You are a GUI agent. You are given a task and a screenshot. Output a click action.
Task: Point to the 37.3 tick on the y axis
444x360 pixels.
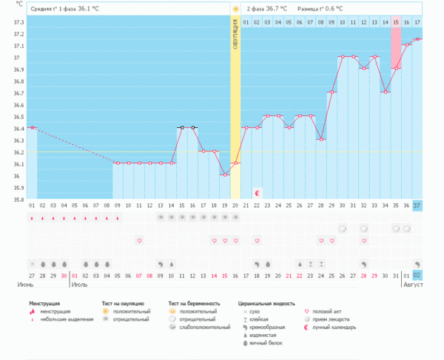pyautogui.click(x=18, y=22)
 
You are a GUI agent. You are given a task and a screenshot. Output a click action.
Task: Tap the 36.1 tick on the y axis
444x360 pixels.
pyautogui.click(x=18, y=163)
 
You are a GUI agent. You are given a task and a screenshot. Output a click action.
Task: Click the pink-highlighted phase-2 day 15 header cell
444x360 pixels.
pyautogui.click(x=396, y=23)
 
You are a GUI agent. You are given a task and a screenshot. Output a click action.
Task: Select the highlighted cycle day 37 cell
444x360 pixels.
pyautogui.click(x=417, y=205)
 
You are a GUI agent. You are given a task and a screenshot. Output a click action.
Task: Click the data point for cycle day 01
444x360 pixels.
pyautogui.click(x=32, y=128)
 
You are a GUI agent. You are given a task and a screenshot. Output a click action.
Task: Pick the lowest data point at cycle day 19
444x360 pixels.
pyautogui.click(x=225, y=174)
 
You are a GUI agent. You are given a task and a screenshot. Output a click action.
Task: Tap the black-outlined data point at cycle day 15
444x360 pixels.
pyautogui.click(x=181, y=127)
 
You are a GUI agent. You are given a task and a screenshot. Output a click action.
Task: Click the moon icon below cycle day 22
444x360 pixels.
pyautogui.click(x=258, y=192)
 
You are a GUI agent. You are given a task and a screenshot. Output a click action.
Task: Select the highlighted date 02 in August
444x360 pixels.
pyautogui.click(x=417, y=275)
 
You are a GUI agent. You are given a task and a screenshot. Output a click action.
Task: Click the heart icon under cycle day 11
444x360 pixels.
pyautogui.click(x=139, y=240)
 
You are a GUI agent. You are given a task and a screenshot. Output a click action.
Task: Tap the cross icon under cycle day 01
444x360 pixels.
pyautogui.click(x=32, y=263)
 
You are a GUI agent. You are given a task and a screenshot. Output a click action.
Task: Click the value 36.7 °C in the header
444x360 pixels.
pyautogui.click(x=277, y=8)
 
